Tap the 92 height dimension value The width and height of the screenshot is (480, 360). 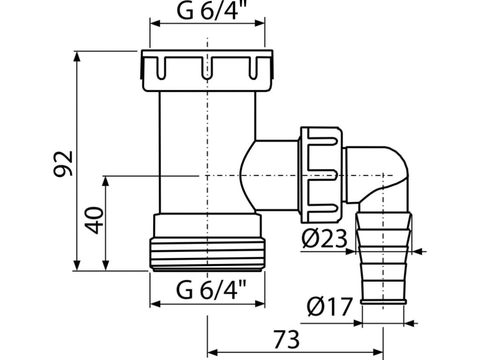click(x=63, y=163)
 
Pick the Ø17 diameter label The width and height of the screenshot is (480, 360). click(x=329, y=308)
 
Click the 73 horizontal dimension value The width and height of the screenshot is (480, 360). click(x=286, y=339)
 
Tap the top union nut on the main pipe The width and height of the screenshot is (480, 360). click(x=207, y=70)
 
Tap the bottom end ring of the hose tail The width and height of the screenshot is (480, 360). click(x=383, y=301)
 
